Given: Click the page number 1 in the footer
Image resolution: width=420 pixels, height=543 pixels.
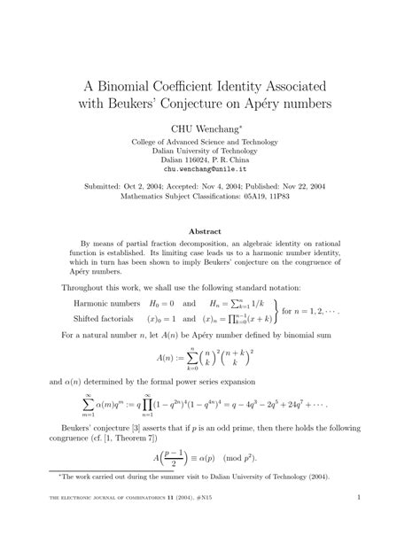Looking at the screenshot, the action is point(356,523).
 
